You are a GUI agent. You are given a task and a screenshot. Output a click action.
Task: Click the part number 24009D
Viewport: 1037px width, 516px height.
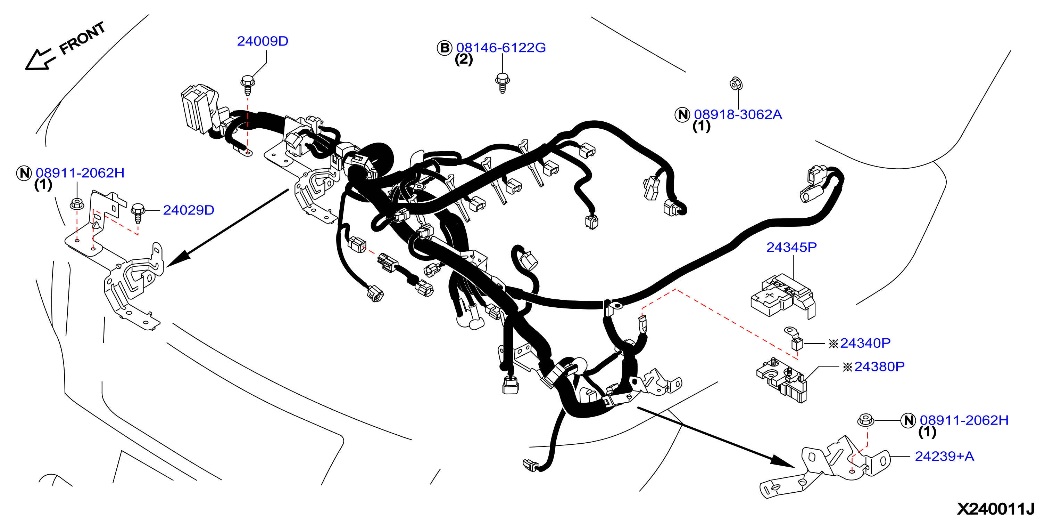pos(263,41)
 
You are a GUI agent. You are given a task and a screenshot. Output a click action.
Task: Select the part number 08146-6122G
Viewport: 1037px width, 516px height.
pos(501,48)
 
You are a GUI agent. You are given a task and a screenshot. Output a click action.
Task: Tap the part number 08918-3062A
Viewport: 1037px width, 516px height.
pos(738,114)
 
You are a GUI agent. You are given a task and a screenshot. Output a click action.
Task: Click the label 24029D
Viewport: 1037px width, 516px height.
pos(188,210)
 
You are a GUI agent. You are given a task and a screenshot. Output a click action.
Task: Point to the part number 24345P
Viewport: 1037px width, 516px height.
pos(791,247)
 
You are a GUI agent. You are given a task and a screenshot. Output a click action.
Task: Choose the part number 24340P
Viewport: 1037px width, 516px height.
pos(865,343)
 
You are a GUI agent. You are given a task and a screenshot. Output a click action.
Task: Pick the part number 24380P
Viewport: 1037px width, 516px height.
pos(879,366)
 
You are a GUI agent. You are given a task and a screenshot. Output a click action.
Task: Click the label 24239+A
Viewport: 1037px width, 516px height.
pos(944,456)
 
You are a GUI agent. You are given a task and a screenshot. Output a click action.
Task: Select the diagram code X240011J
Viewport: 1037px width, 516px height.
pos(995,508)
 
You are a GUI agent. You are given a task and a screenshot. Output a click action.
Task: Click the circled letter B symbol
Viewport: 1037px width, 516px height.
pos(445,48)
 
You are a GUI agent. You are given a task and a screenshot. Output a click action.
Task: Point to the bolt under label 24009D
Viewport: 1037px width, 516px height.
pos(247,84)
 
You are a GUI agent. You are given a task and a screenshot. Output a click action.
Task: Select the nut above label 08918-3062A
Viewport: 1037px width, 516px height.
pos(736,84)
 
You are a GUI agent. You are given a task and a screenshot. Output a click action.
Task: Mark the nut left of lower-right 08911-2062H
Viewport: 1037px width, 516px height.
pos(865,420)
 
